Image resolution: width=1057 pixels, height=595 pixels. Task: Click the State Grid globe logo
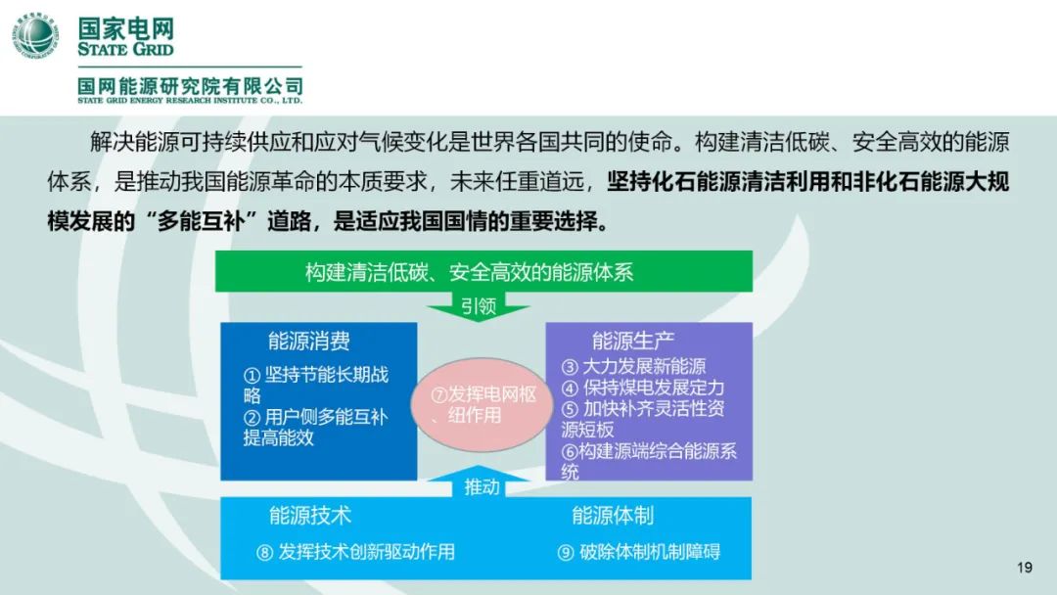coord(35,36)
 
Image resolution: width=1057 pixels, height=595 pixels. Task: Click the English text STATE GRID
coord(125,49)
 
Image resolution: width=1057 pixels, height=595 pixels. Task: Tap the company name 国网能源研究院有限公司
coord(190,86)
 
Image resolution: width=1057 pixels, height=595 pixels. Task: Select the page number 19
coord(1025,568)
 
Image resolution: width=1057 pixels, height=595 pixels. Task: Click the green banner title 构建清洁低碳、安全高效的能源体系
coord(469,272)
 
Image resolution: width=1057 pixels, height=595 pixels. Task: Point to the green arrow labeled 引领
coord(479,306)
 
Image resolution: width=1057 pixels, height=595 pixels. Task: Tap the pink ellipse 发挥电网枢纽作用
coord(482,405)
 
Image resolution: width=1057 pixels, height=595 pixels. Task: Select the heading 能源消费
coord(308,341)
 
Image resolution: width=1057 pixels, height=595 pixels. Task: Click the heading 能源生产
coord(633,341)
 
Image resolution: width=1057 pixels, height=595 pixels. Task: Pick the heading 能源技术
coord(310,516)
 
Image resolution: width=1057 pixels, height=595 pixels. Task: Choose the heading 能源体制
coord(613,516)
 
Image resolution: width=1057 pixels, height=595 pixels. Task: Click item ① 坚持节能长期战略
coord(316,385)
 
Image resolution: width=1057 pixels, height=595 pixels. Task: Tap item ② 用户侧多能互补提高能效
coord(315,428)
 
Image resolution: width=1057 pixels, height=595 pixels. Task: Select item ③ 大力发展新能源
coord(633,367)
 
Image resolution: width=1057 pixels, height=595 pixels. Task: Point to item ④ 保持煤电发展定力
coord(643,388)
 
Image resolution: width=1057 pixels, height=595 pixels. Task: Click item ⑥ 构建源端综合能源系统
coord(649,462)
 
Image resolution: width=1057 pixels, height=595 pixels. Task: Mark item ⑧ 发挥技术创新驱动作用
coord(355,552)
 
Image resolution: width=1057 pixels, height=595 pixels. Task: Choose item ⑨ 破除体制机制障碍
coord(638,552)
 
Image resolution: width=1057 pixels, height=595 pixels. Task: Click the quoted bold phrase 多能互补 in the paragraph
coord(200,221)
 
